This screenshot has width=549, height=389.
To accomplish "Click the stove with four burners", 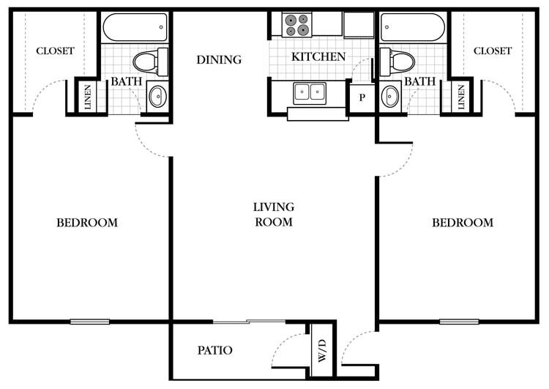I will (x=296, y=25).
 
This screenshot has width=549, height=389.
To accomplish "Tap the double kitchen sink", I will (x=310, y=93).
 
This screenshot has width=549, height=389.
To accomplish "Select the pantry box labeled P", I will (x=362, y=97).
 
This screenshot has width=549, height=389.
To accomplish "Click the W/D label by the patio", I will (x=321, y=350).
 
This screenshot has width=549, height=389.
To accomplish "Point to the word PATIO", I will (x=215, y=351).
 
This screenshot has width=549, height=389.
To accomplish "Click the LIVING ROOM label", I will (x=273, y=214).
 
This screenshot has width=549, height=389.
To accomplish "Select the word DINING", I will (x=219, y=59).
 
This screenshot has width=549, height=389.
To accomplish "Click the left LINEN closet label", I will (x=88, y=96).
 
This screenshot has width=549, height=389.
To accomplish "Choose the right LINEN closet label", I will (x=461, y=96).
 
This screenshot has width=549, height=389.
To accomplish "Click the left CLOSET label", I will (x=55, y=51).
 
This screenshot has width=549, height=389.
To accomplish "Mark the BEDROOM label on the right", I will (x=462, y=223).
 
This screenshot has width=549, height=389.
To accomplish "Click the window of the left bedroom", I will (x=90, y=321).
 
